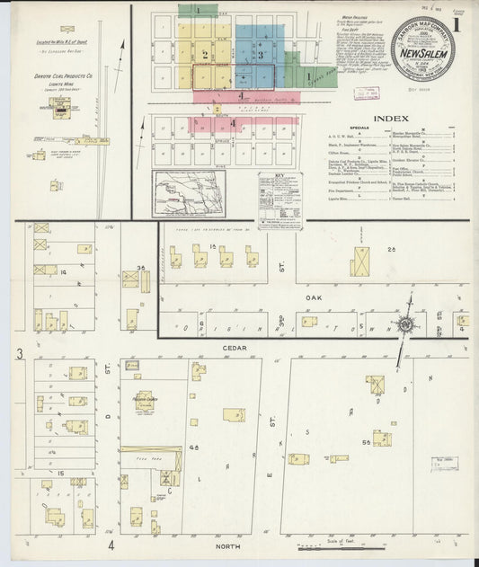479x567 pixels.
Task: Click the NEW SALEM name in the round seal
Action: pyautogui.click(x=422, y=53)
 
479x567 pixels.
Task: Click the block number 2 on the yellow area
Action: pyautogui.click(x=205, y=55)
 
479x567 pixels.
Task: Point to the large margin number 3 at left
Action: pyautogui.click(x=19, y=355)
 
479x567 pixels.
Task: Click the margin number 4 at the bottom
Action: pyautogui.click(x=112, y=545)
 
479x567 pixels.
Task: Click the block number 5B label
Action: pyautogui.click(x=365, y=442)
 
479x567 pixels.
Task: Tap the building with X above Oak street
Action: pyautogui.click(x=360, y=261)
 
